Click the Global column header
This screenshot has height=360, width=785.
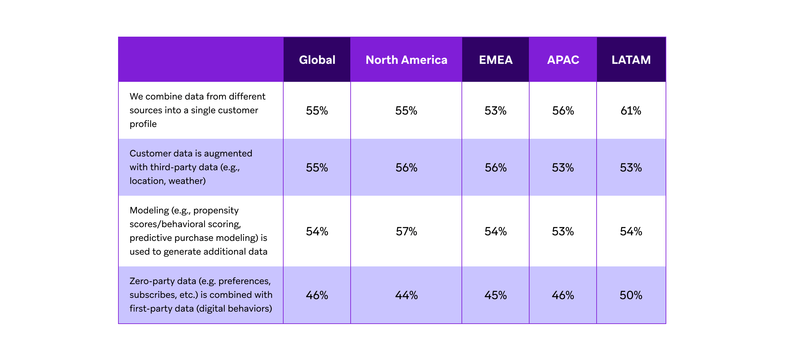[x=317, y=60]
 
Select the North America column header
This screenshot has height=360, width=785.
[x=406, y=60]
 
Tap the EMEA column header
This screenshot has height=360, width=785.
[x=496, y=60]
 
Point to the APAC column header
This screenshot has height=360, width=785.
[x=563, y=60]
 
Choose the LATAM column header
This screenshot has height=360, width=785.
[x=631, y=60]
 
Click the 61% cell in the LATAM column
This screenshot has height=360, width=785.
[x=631, y=111]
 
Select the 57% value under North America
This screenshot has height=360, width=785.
[x=406, y=231]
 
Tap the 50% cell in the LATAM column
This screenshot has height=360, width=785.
[x=631, y=295]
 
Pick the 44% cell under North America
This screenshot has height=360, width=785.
[x=406, y=295]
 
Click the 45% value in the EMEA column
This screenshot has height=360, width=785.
[x=496, y=295]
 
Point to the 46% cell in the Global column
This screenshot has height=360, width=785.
[x=317, y=295]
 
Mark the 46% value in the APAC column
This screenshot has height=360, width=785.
[x=563, y=295]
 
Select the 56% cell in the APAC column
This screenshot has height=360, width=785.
[x=563, y=111]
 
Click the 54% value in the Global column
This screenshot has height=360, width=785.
[x=317, y=231]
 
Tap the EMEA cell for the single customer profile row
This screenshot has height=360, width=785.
[x=496, y=111]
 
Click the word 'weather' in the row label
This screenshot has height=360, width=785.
[x=186, y=181]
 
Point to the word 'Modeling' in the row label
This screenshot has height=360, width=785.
[x=149, y=210]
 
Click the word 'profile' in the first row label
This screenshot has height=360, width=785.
[x=143, y=124]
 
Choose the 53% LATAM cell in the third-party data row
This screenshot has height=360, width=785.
[x=631, y=168]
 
